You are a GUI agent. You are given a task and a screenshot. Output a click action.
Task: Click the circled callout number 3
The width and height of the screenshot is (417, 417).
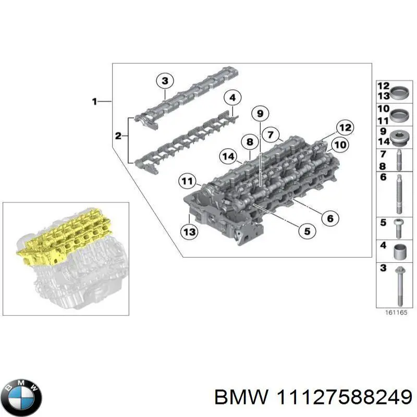164,81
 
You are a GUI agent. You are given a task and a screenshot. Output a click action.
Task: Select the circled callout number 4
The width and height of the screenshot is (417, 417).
232,97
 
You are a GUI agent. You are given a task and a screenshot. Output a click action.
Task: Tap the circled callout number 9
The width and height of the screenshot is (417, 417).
259,113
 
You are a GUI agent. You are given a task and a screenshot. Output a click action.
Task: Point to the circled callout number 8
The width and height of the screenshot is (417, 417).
250,141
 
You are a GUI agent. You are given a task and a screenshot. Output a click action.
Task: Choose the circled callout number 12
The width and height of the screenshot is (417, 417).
344,127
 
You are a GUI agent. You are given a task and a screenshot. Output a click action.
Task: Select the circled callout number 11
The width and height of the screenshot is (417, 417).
187,181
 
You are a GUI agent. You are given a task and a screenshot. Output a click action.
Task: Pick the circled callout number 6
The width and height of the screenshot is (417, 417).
329,218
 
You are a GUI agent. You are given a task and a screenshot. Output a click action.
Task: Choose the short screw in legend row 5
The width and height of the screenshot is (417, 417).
398,225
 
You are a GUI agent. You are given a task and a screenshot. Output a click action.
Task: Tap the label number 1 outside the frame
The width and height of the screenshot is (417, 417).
94,102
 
